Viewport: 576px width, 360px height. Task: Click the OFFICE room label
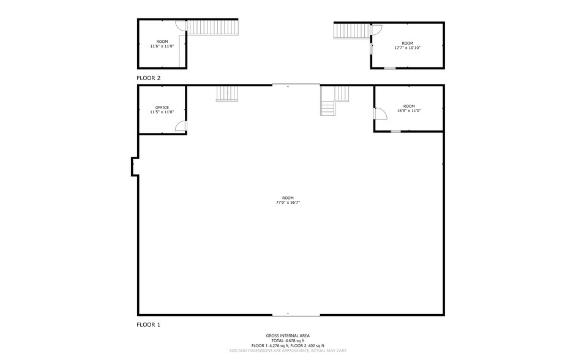pos(162,107)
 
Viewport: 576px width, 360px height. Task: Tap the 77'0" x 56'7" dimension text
pos(287,202)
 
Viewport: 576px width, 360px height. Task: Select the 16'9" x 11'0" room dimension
pos(409,111)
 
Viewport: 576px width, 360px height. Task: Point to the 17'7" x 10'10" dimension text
pos(407,47)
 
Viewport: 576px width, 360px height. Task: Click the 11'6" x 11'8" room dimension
pos(162,46)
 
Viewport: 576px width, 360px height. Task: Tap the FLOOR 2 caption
pos(148,78)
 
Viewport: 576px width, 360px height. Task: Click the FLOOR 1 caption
pos(148,324)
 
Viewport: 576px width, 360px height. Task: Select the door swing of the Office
pos(181,126)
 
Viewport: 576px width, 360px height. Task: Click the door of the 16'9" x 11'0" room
pos(379,114)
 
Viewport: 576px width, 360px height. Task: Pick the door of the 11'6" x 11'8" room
pos(180,26)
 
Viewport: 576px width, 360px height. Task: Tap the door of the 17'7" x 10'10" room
pos(376,29)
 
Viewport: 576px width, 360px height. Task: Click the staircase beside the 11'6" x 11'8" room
pos(212,27)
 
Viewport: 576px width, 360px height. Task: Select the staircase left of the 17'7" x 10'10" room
pos(351,31)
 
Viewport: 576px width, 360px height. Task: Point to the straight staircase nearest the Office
pos(227,93)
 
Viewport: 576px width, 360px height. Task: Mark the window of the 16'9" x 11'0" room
pos(395,131)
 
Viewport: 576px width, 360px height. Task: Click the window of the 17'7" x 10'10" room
pos(389,68)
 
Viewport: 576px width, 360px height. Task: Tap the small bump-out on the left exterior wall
pos(134,167)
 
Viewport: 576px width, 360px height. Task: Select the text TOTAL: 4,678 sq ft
pos(287,340)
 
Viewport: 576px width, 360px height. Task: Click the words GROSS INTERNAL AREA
pos(287,336)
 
